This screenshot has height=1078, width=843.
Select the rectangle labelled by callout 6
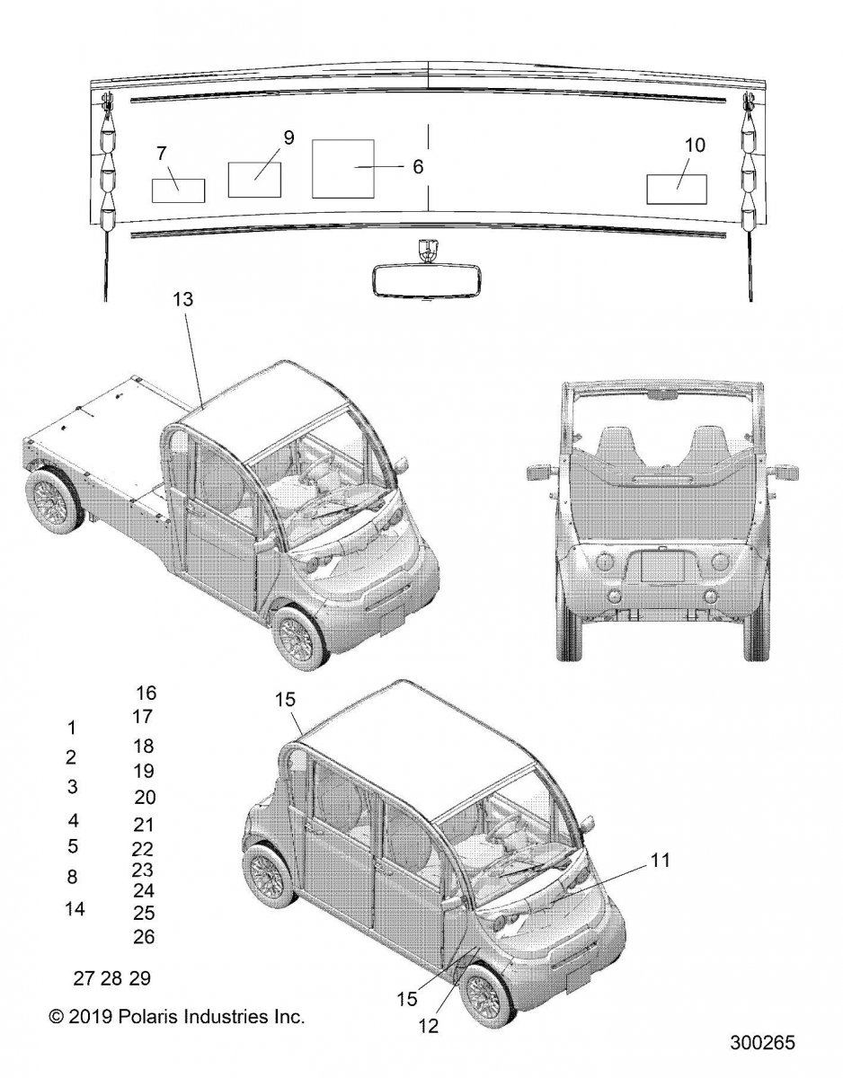point(342,168)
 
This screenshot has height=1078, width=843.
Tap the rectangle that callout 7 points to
point(178,190)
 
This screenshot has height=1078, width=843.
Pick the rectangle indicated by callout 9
point(255,179)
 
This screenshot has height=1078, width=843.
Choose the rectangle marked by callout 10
point(677,189)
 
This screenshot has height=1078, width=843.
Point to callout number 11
point(661,860)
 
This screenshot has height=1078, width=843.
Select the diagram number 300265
point(765,1044)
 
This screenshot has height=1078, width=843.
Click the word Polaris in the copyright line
point(160,1018)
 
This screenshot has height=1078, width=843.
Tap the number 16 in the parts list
point(146,693)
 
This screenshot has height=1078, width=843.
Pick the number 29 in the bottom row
point(140,977)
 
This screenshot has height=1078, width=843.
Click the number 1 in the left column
point(71,727)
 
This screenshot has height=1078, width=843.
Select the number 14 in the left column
point(75,908)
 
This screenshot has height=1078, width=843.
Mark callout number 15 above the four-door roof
point(284,699)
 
